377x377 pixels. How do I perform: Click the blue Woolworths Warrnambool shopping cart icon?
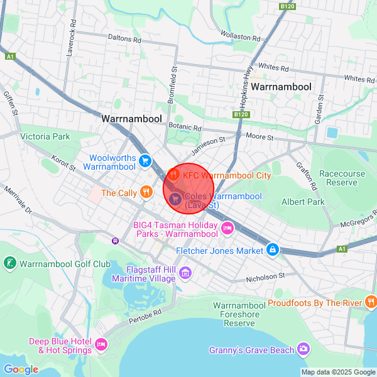(x=145, y=161)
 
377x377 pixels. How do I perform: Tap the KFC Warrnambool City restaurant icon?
(x=175, y=175)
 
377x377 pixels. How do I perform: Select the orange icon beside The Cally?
(x=146, y=192)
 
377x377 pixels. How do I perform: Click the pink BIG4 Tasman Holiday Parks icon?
(x=227, y=229)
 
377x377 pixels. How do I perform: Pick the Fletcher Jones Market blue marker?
(x=272, y=250)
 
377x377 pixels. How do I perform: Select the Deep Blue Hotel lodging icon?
(x=101, y=345)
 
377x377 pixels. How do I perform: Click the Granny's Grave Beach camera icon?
(x=303, y=349)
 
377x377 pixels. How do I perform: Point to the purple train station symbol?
(x=115, y=240)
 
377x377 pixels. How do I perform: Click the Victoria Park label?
(x=45, y=136)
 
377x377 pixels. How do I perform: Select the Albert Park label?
(x=303, y=202)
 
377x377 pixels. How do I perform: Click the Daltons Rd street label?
(x=124, y=38)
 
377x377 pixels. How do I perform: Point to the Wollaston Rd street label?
(x=239, y=36)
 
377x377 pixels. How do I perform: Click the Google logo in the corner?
(x=21, y=369)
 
